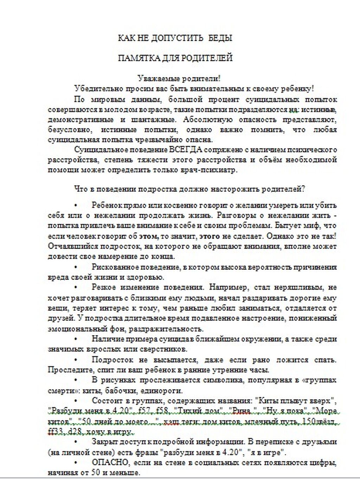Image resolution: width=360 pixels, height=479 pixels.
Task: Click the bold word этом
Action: pos(148,236)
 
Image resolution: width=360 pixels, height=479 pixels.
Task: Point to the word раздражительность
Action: pos(163,329)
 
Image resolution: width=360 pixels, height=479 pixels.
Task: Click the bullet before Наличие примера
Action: pos(76,339)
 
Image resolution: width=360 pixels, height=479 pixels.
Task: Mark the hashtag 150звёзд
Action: pos(321,421)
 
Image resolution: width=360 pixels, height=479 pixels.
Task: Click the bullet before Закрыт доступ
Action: pos(76,441)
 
